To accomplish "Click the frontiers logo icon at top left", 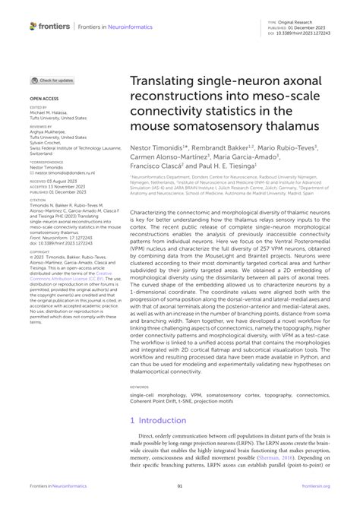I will [x=33, y=26].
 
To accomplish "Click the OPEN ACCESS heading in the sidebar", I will [x=44, y=98].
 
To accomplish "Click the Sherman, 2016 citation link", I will [x=295, y=458].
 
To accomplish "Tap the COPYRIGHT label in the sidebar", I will [x=39, y=250].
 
